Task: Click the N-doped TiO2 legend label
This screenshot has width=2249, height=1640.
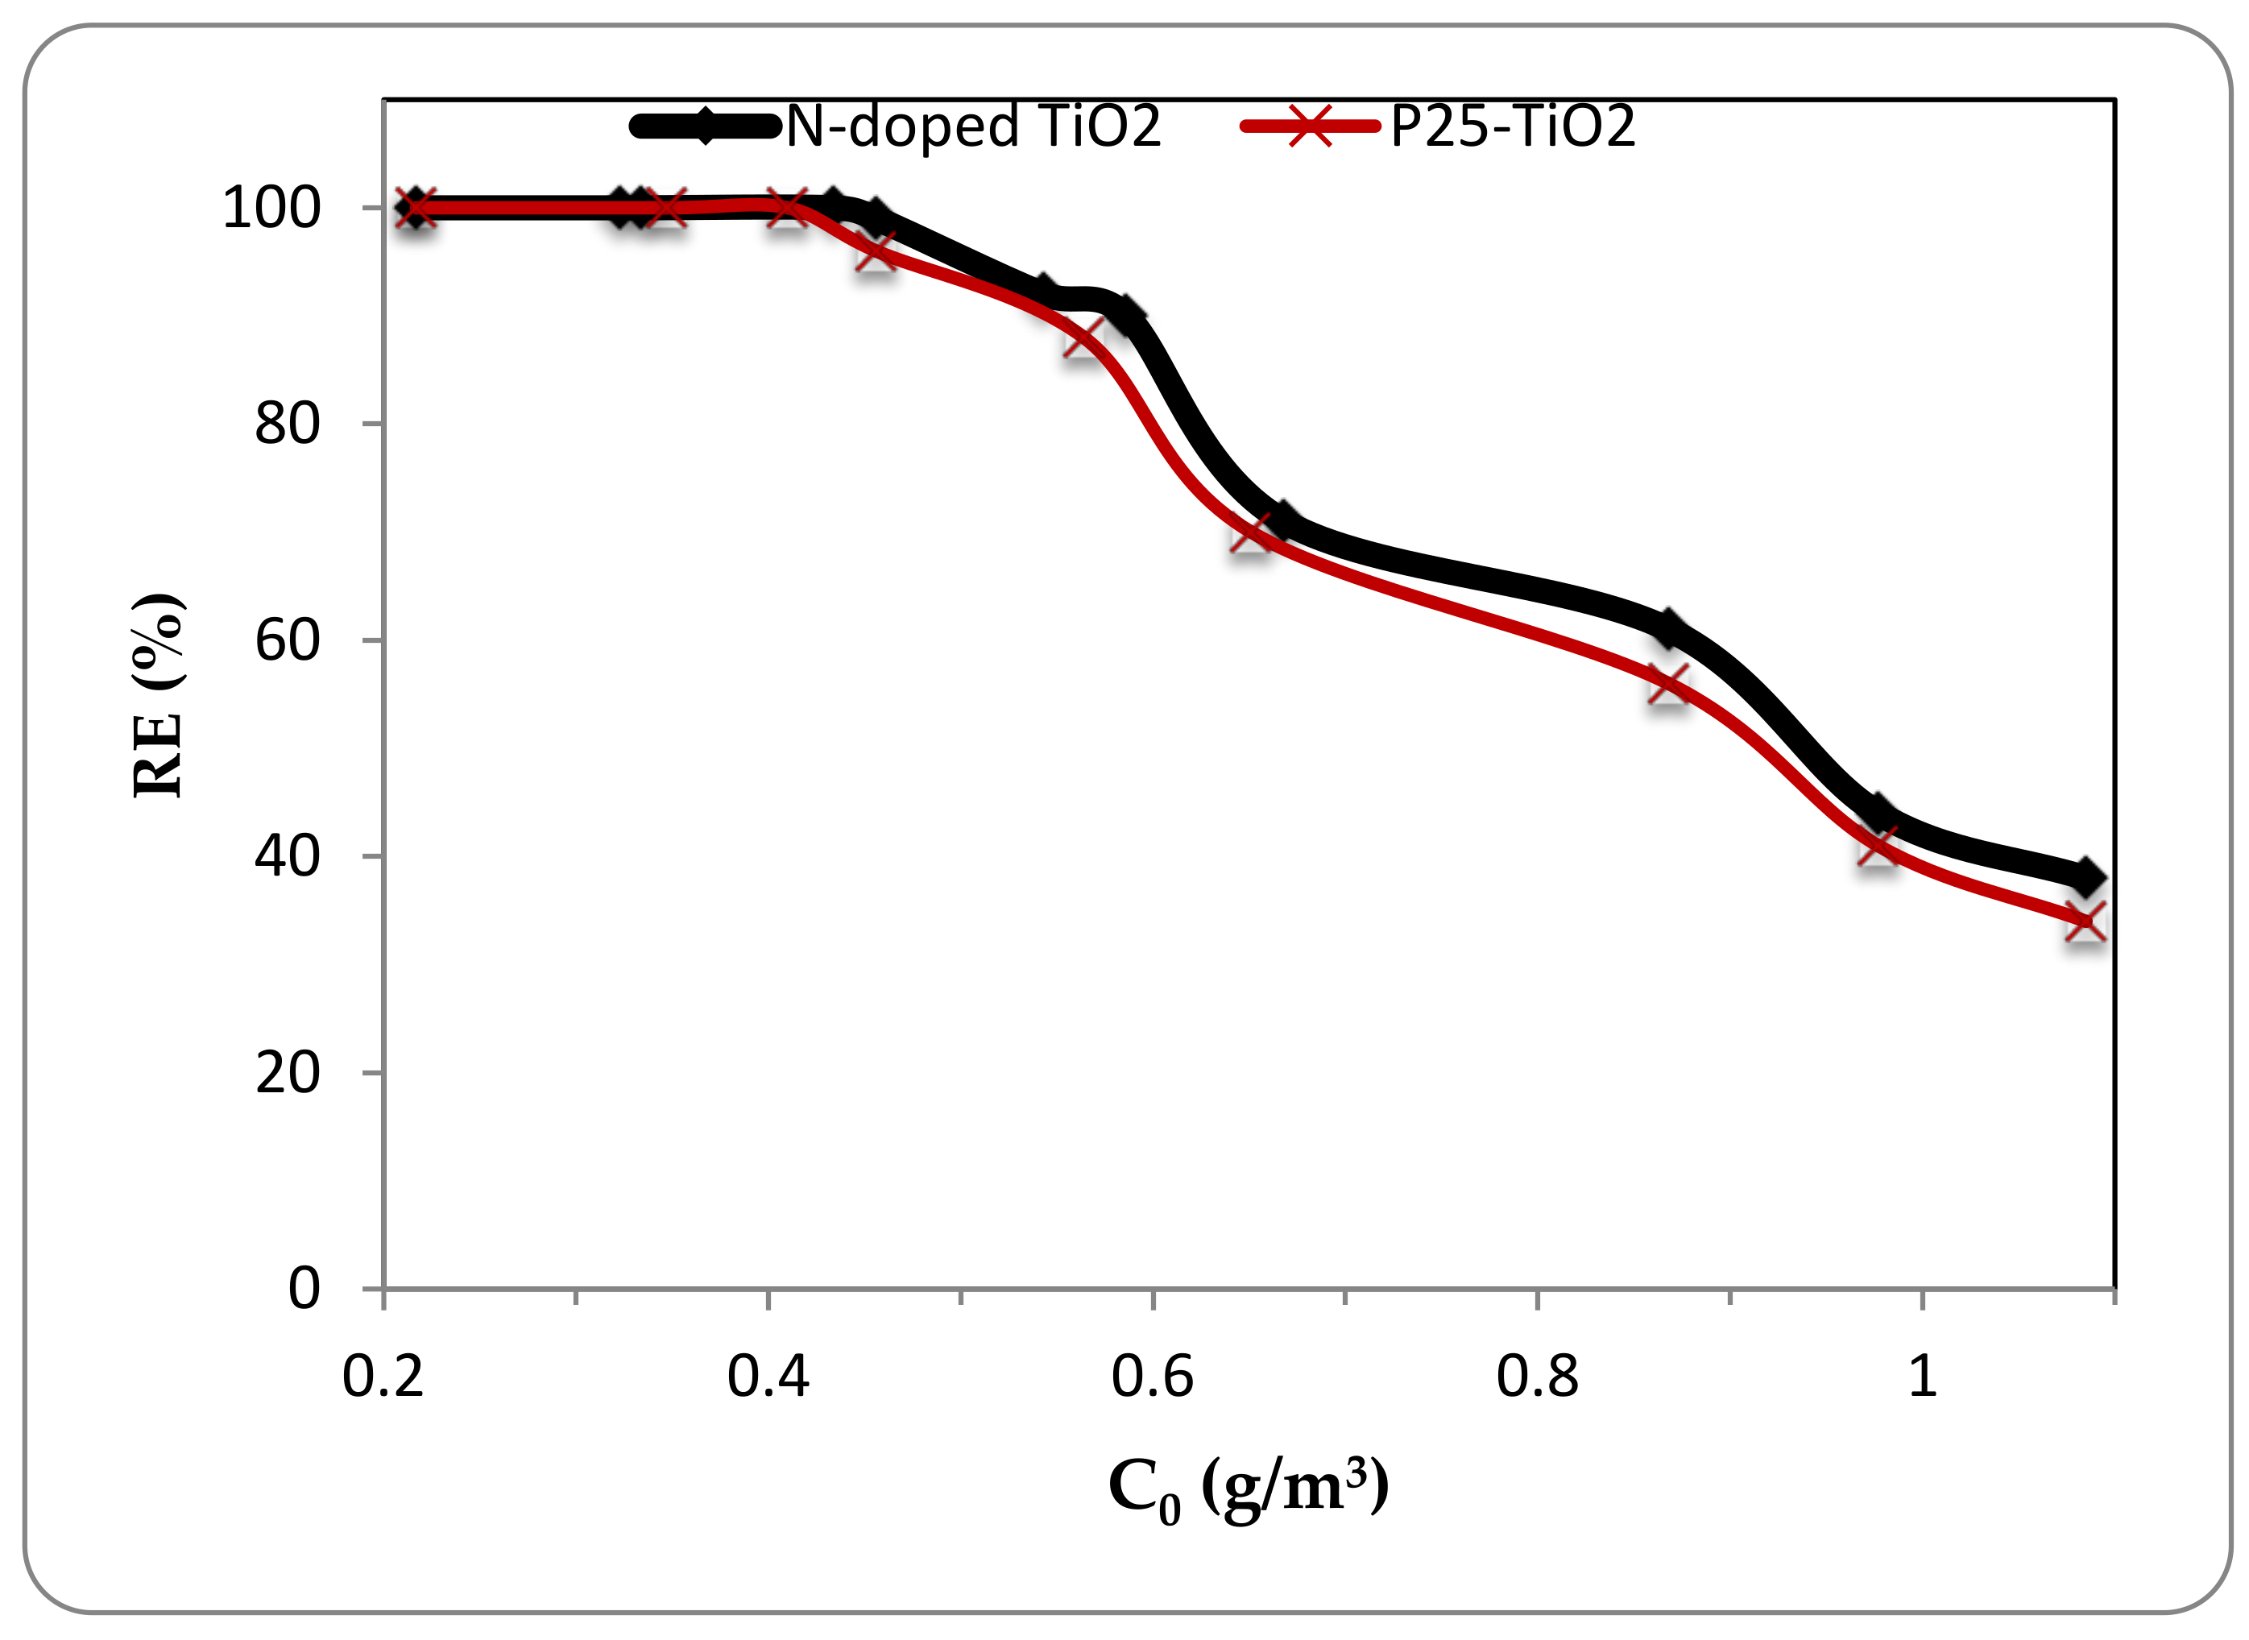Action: click(972, 127)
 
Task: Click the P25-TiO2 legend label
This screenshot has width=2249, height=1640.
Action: click(1512, 127)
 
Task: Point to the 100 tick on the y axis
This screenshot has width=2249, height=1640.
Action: click(271, 209)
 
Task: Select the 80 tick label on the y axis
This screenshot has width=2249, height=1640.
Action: click(287, 424)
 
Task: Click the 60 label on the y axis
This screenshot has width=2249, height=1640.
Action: click(287, 640)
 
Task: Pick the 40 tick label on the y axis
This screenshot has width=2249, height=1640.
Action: click(287, 855)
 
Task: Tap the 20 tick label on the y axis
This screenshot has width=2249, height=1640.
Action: click(287, 1073)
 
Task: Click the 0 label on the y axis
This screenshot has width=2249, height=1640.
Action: click(304, 1289)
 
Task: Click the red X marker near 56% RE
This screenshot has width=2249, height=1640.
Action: click(1668, 685)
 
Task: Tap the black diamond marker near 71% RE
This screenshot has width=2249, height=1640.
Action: click(1283, 520)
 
